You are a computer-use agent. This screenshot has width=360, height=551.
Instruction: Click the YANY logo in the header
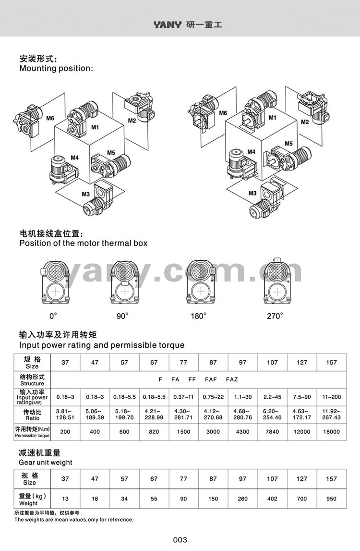coord(168,24)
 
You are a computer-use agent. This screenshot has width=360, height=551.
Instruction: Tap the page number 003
coord(180,540)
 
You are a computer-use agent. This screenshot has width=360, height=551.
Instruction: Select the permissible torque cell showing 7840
coord(272,432)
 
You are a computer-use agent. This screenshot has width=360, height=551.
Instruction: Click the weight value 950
coord(332,499)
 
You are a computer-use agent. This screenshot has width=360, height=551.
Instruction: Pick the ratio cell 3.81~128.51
coord(65,415)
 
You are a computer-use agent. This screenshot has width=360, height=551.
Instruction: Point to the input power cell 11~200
coord(332,397)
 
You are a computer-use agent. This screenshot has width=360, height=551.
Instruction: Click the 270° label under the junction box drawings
coord(275,316)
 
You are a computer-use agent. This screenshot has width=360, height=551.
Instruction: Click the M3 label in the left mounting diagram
coord(86,195)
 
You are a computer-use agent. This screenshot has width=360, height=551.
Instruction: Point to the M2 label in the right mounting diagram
coord(305,122)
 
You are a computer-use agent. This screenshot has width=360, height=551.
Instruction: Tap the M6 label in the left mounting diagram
coord(50,118)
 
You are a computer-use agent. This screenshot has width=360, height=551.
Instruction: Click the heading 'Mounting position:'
coord(56,68)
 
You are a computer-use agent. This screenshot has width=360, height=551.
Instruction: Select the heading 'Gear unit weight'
coord(46,462)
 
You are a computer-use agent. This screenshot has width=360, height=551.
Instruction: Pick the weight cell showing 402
coord(272,499)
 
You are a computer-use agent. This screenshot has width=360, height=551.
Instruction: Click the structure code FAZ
coord(232,380)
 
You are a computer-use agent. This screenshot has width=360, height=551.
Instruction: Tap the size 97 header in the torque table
coord(242,362)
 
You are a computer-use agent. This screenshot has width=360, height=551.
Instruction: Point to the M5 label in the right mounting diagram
coord(288,143)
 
